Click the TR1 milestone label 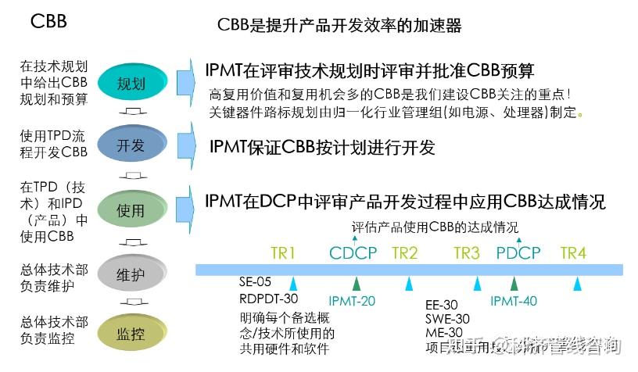click(283, 252)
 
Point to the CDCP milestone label click(353, 252)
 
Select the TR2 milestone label click(405, 252)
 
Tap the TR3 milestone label click(467, 252)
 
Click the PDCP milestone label click(518, 252)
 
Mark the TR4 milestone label click(573, 252)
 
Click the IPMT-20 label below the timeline click(352, 301)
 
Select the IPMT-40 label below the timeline click(514, 301)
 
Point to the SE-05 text click(256, 282)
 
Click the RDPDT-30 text click(269, 299)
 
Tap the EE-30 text click(442, 303)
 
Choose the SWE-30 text click(447, 319)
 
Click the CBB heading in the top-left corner click(48, 21)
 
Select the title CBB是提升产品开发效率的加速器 click(339, 26)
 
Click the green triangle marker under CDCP click(357, 283)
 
